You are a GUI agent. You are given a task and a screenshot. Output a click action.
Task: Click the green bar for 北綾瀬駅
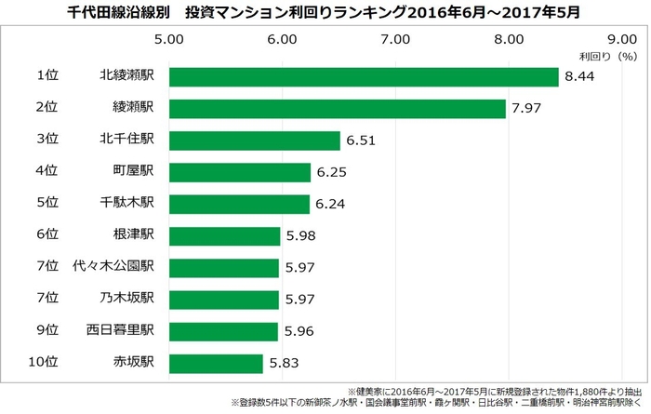(363, 76)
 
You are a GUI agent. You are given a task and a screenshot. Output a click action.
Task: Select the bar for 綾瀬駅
(337, 108)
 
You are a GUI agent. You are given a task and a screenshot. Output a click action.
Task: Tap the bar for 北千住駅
(254, 140)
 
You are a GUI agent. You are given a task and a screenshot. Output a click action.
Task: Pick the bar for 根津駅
(223, 236)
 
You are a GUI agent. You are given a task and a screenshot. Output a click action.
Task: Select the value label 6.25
(331, 172)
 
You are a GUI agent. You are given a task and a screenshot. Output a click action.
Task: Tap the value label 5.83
(284, 364)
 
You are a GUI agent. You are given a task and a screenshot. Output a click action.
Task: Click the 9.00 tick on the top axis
(620, 39)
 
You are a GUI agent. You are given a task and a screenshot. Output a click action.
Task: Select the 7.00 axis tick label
(395, 39)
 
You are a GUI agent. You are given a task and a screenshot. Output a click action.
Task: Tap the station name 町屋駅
(132, 172)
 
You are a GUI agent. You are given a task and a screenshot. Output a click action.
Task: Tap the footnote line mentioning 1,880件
(495, 391)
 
